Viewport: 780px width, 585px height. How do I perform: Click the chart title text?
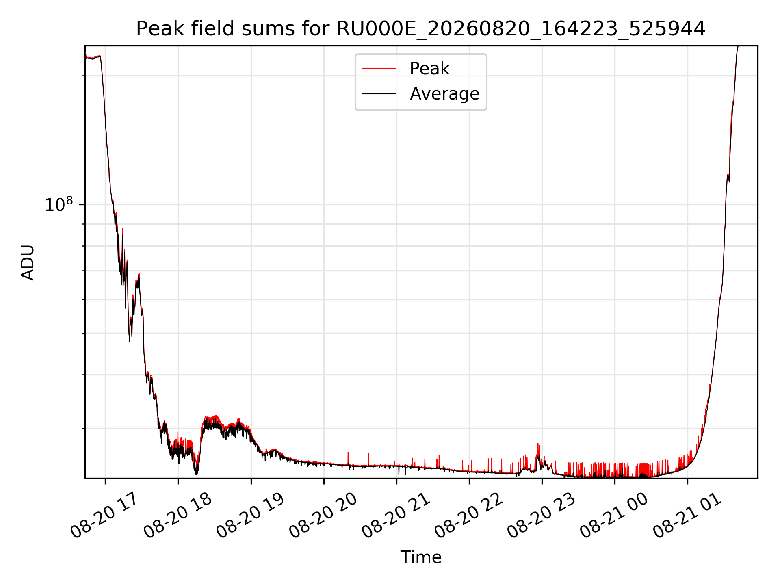(x=421, y=29)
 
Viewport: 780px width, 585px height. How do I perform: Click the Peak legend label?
(x=429, y=68)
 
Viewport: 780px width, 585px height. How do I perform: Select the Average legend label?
(x=444, y=94)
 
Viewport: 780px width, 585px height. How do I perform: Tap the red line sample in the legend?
(x=379, y=69)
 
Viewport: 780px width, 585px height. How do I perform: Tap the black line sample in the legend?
(x=379, y=94)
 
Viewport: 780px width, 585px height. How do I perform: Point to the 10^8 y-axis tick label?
(x=59, y=204)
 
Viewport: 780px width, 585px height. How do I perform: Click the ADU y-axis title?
(x=28, y=262)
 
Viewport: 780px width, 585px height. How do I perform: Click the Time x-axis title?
(x=421, y=557)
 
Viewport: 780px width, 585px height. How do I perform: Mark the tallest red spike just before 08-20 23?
(x=538, y=444)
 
